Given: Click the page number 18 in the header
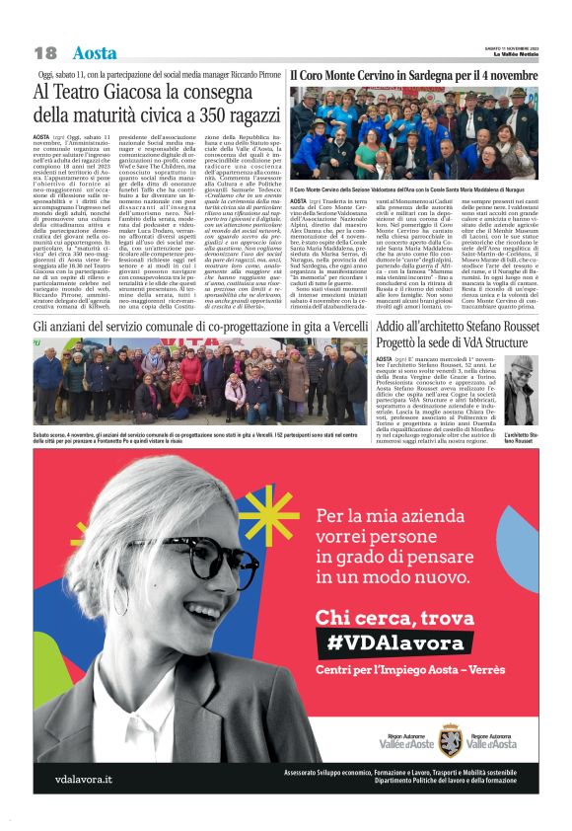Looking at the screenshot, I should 45,53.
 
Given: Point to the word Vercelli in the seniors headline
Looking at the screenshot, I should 334,328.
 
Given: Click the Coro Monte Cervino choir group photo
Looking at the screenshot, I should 413,134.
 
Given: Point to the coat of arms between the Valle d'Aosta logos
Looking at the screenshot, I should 451,738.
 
